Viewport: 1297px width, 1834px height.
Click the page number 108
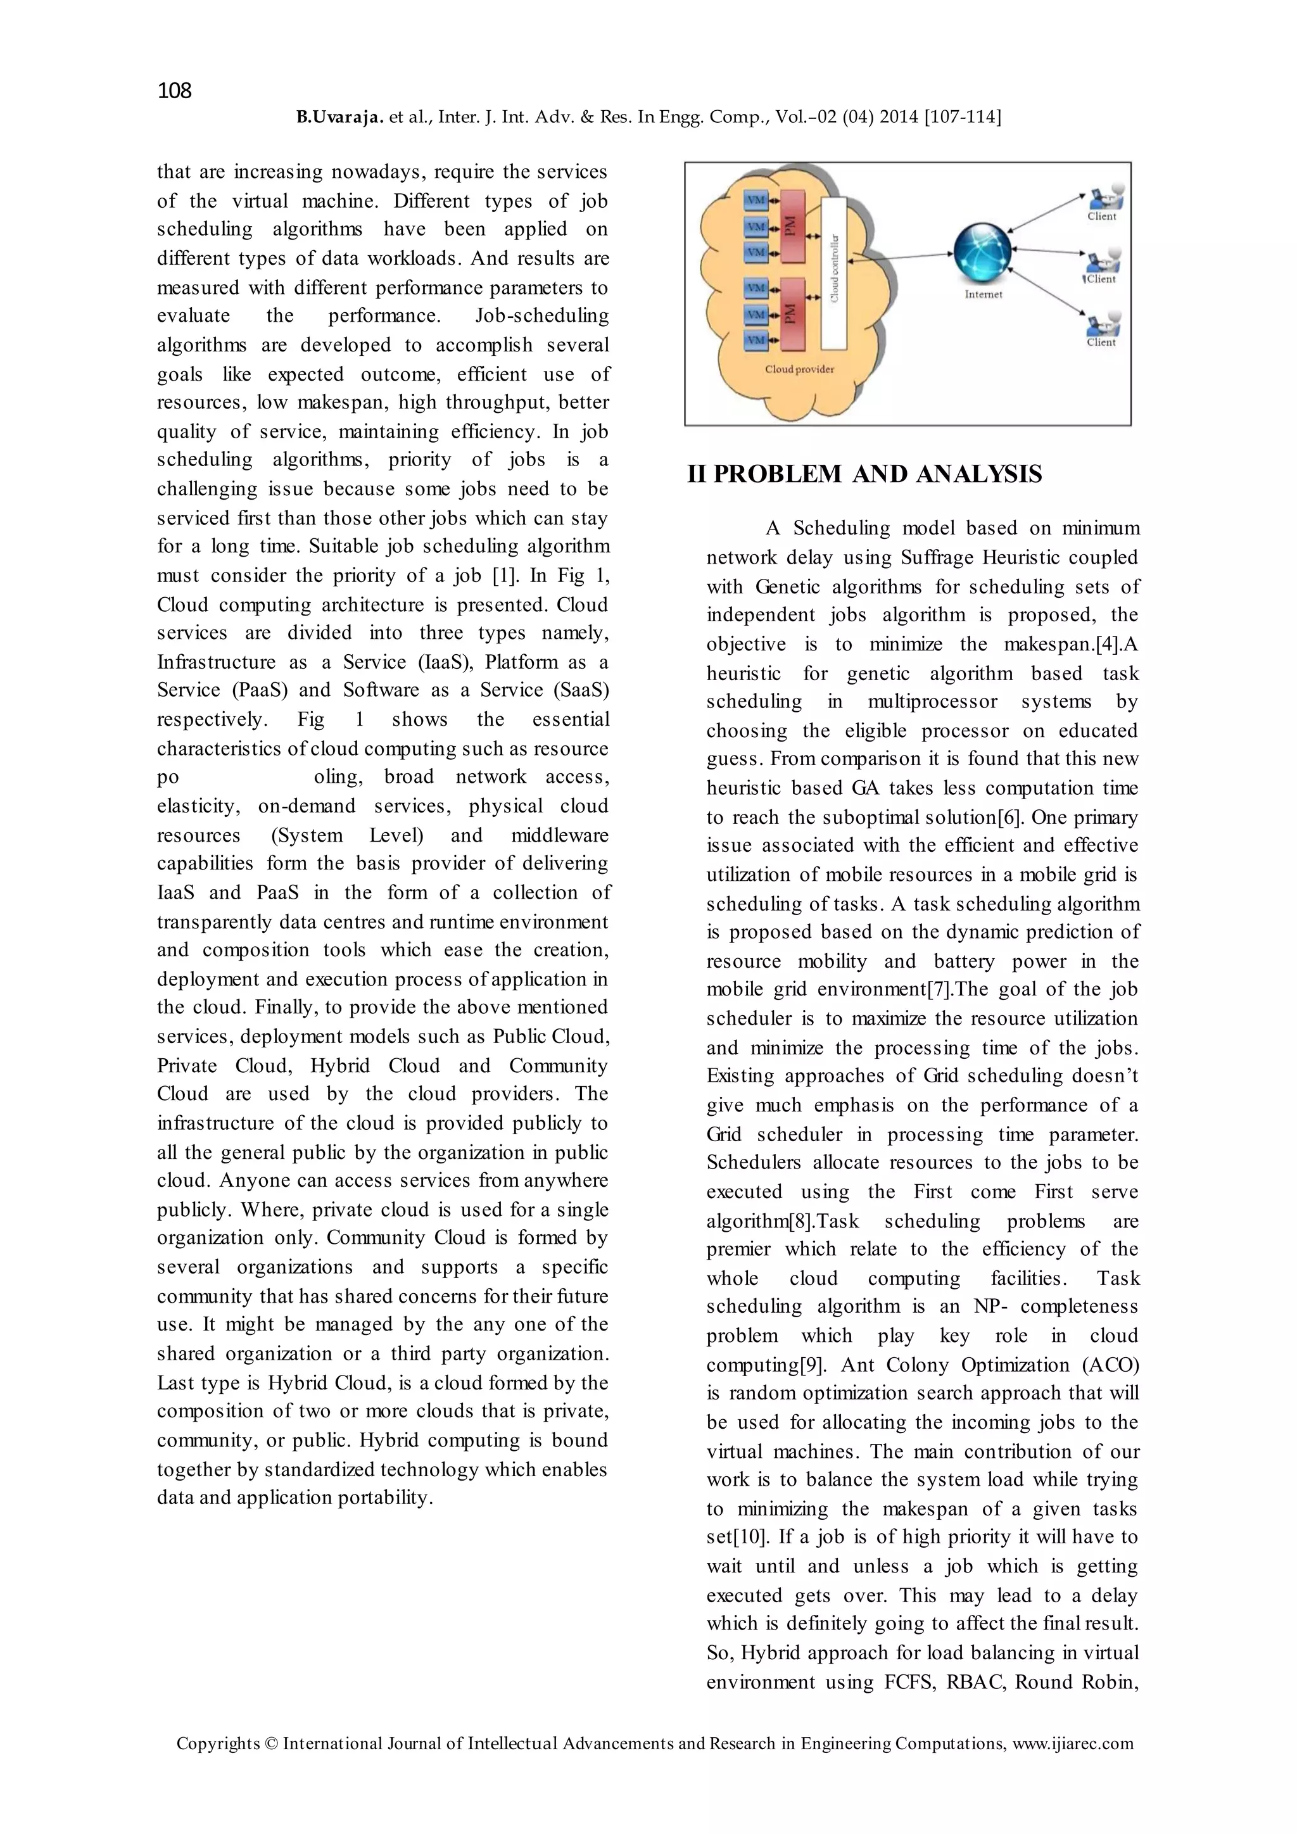tap(174, 91)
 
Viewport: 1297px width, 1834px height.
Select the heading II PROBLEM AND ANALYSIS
tap(864, 474)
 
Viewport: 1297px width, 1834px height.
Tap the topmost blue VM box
tap(756, 199)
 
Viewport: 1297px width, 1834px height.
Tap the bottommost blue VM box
tap(756, 340)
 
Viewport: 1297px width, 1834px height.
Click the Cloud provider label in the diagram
tap(799, 370)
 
